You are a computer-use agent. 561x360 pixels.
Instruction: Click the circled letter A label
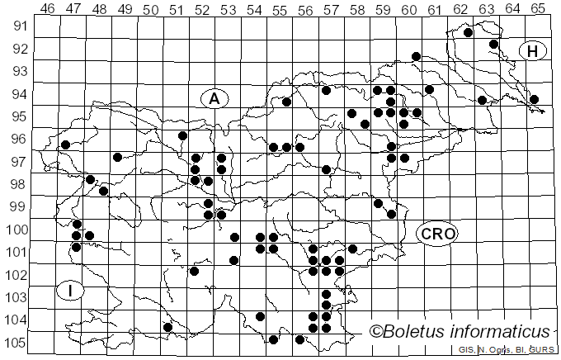(x=214, y=98)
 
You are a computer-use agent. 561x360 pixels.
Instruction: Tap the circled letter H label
(x=533, y=51)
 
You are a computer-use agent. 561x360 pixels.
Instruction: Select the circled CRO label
(x=437, y=234)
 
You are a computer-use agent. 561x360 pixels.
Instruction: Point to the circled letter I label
(x=72, y=290)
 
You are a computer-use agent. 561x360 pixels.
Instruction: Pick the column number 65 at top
(x=538, y=8)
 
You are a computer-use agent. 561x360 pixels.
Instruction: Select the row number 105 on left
(x=14, y=343)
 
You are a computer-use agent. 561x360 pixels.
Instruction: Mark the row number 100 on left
(x=14, y=229)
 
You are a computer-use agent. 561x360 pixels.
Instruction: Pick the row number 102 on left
(x=14, y=274)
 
